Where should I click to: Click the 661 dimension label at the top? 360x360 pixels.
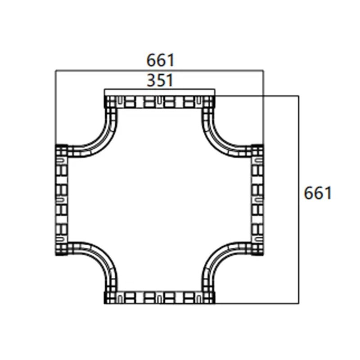pyautogui.click(x=160, y=60)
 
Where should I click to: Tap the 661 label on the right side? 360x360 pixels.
pyautogui.click(x=318, y=193)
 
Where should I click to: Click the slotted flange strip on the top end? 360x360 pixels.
pyautogui.click(x=160, y=102)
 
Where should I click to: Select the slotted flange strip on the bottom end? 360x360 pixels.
pyautogui.click(x=160, y=297)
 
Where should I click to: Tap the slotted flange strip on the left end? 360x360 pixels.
pyautogui.click(x=61, y=199)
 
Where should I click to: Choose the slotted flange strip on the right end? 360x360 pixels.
pyautogui.click(x=257, y=199)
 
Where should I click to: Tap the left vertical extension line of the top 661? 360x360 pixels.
pyautogui.click(x=55, y=108)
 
